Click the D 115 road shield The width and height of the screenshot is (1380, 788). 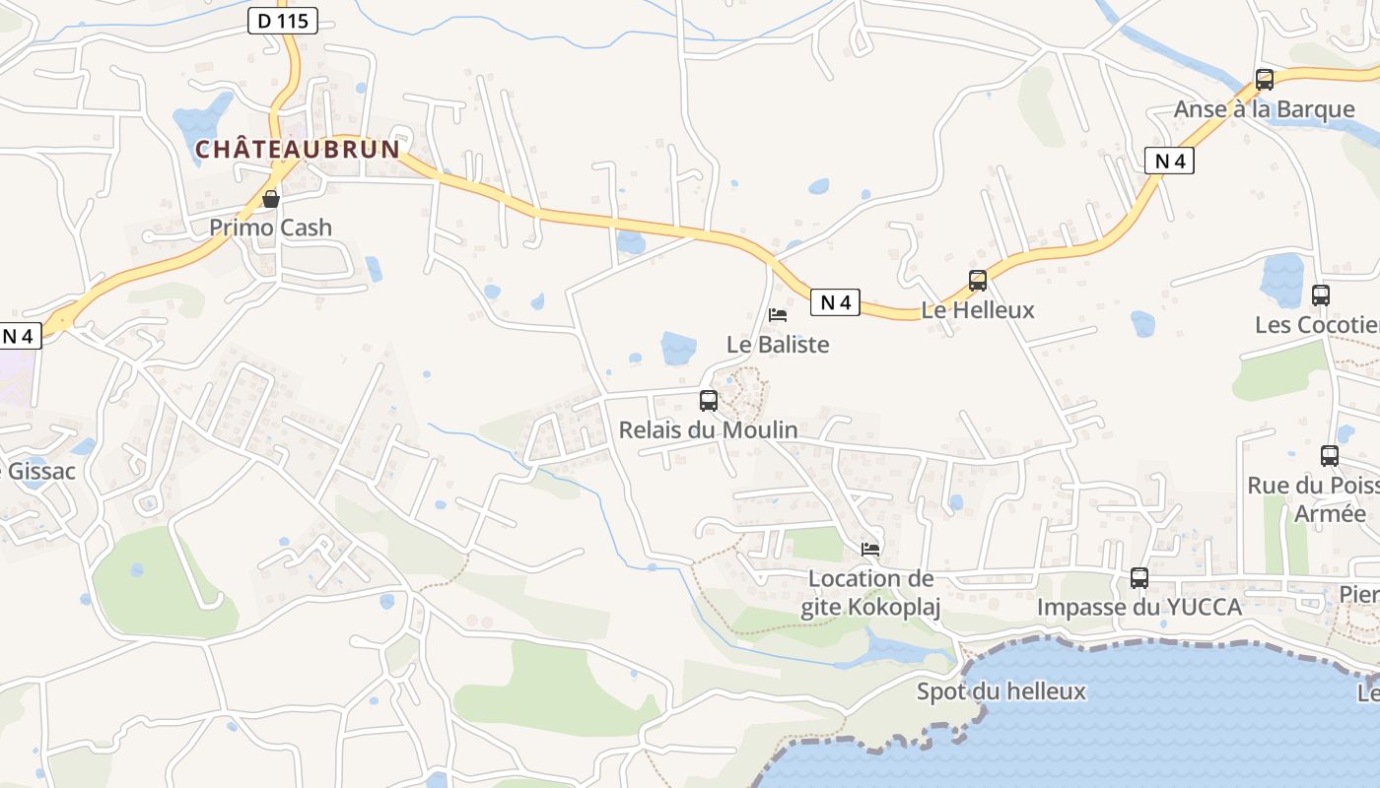[x=283, y=21]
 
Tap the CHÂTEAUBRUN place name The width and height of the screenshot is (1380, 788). [x=298, y=150]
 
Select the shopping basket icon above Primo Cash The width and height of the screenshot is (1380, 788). [x=270, y=199]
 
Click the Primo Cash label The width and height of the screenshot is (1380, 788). [x=270, y=228]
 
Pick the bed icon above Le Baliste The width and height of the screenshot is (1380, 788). [x=778, y=315]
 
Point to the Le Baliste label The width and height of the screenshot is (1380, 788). [x=778, y=345]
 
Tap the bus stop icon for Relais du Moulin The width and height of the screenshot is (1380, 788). [x=708, y=400]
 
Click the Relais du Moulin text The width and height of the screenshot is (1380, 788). [x=708, y=429]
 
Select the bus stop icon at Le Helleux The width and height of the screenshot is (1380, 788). [x=978, y=281]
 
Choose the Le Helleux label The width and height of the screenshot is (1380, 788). [x=978, y=310]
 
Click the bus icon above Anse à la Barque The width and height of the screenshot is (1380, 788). [x=1265, y=80]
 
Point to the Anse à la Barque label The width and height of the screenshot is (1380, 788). [x=1264, y=109]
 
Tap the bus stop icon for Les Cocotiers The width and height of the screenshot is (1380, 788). [x=1321, y=295]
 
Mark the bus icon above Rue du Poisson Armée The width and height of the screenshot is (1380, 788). [x=1330, y=455]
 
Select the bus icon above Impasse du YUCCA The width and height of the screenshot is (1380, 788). [x=1139, y=578]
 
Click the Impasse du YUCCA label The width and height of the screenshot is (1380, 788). [x=1138, y=607]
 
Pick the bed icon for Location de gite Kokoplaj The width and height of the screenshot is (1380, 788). [x=870, y=549]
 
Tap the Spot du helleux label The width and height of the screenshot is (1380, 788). [x=1001, y=691]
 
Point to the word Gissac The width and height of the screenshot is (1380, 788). [x=41, y=471]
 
